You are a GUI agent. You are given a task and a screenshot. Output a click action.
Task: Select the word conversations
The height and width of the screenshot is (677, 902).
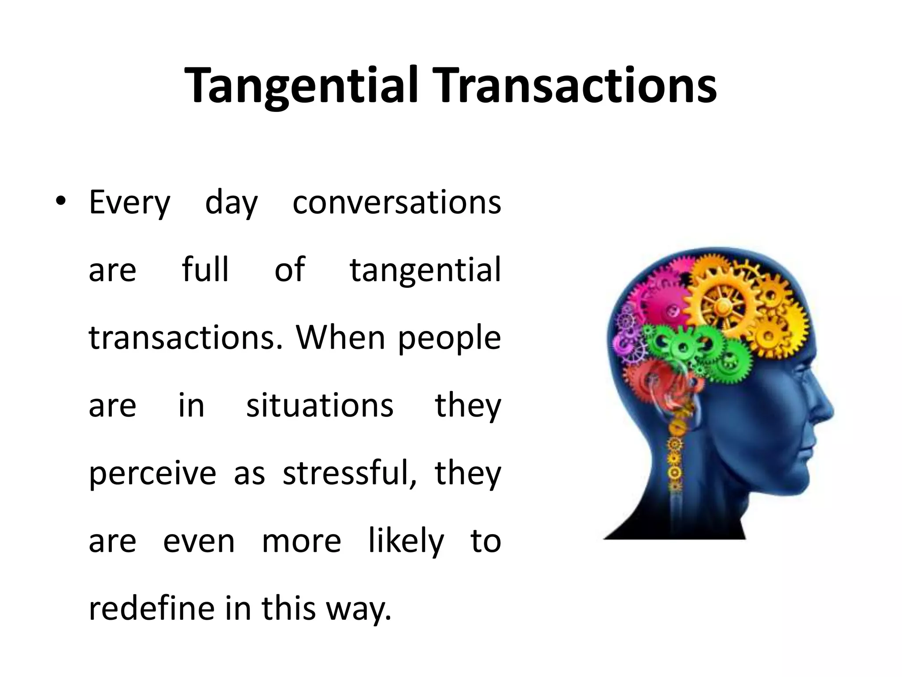396,203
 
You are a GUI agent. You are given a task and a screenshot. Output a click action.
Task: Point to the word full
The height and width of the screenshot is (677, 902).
205,270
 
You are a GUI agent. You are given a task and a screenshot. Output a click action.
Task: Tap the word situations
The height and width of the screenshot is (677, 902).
319,405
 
